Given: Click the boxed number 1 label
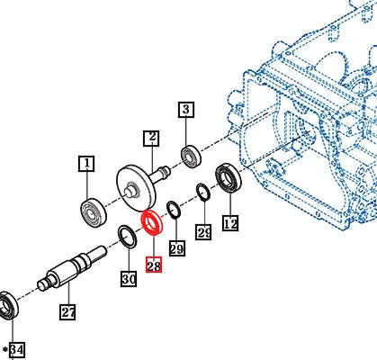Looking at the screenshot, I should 86,163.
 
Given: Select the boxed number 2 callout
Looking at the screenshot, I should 151,138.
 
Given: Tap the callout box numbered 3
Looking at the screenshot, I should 185,111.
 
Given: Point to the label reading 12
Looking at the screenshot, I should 230,223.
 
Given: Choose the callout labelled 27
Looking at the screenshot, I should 68,312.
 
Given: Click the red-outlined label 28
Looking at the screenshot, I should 153,266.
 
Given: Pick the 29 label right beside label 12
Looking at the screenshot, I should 204,233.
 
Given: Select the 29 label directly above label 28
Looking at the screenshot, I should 176,248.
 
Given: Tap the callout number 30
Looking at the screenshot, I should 129,280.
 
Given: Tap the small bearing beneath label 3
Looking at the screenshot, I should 192,155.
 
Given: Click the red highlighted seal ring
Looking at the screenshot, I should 151,222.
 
